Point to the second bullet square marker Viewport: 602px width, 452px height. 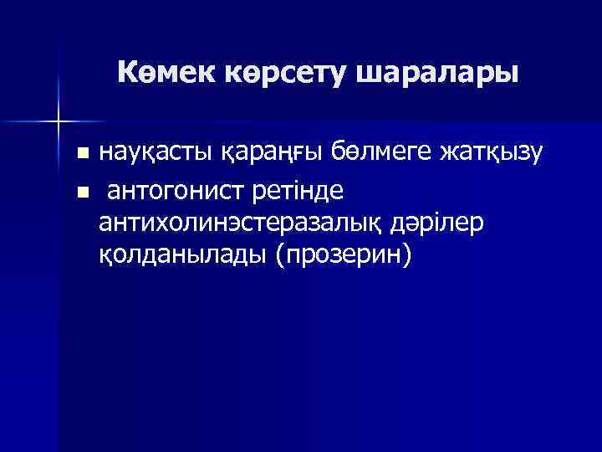pos(81,193)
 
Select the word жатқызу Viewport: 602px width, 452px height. pos(499,154)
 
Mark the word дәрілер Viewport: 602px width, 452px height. pos(445,223)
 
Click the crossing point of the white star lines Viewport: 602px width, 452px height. pos(59,122)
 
